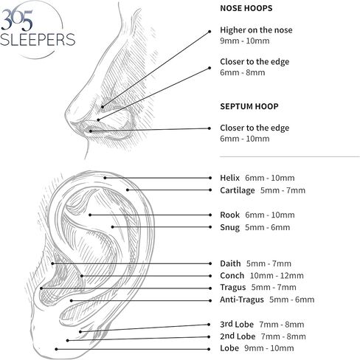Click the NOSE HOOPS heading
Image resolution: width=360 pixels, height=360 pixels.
point(246,8)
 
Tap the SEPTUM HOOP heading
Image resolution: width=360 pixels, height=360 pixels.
point(249,106)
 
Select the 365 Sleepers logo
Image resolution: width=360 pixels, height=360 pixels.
point(38,29)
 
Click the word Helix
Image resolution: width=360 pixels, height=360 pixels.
point(229,178)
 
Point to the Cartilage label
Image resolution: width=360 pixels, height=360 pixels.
point(238,190)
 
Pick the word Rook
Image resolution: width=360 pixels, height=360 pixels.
point(229,215)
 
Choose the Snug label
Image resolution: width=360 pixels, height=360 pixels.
point(229,227)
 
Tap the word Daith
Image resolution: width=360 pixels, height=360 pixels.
point(230,263)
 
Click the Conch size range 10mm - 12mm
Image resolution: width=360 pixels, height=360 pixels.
point(277,276)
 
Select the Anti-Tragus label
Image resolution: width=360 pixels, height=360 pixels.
point(242,300)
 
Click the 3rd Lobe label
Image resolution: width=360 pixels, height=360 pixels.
point(237,324)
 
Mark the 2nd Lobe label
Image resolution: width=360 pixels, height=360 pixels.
point(238,336)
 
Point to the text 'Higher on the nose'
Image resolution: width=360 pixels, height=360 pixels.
point(256,30)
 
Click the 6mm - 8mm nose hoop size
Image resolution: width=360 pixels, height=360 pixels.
point(243,72)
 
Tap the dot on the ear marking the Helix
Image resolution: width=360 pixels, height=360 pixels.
point(105,178)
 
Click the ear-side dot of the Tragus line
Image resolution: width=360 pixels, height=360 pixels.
point(41,288)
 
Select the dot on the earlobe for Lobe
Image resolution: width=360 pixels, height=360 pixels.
point(56,349)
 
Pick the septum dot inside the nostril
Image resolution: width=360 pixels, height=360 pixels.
point(91,131)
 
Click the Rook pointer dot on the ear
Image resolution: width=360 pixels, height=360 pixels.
point(90,215)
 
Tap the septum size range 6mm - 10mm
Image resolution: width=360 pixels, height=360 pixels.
point(245,139)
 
